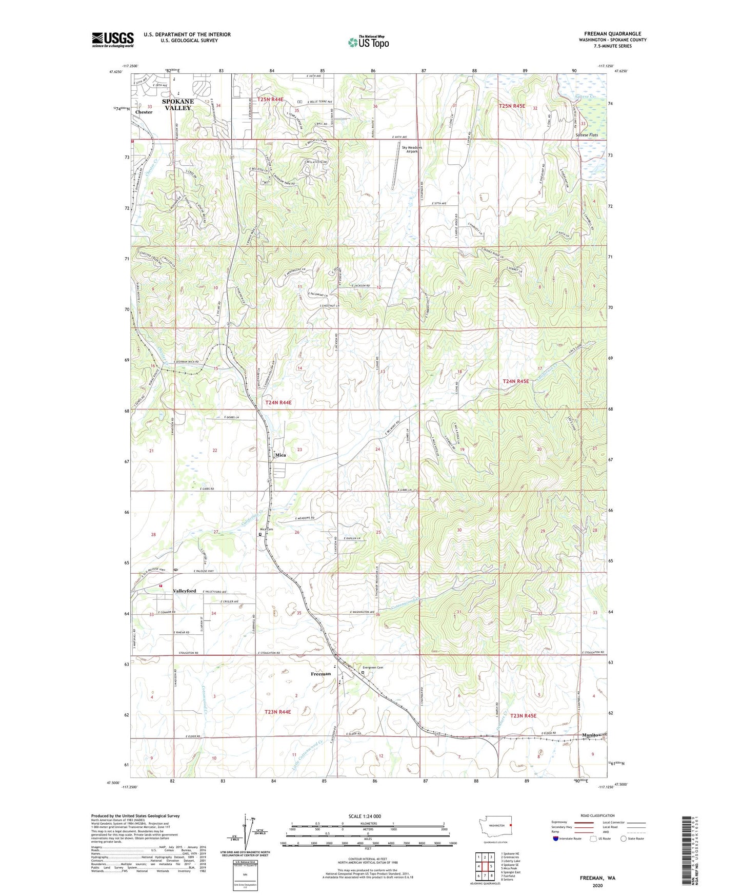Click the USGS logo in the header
(x=113, y=40)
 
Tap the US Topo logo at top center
(x=368, y=42)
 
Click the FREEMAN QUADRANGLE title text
(x=612, y=34)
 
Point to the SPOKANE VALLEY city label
(x=177, y=105)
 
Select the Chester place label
(x=144, y=112)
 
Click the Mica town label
(x=281, y=455)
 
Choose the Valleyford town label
(x=184, y=591)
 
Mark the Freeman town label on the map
(x=321, y=674)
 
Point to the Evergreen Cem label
(x=373, y=667)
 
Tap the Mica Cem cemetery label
(x=266, y=529)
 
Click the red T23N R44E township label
(x=277, y=712)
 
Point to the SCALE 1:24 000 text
(x=365, y=816)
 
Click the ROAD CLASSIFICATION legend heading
(x=597, y=815)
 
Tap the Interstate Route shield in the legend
(x=556, y=839)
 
